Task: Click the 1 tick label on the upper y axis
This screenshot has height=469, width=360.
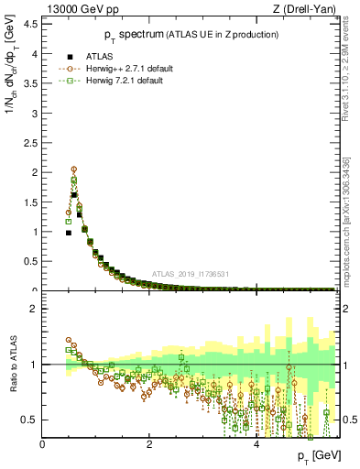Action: pos(35,232)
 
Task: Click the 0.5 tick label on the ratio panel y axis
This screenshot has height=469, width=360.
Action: pos(28,420)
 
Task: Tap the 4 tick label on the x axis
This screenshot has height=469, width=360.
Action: pos(256,446)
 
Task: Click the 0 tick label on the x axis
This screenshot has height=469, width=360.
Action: pos(42,446)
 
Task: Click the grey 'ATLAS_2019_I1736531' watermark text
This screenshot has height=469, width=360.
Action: pos(191,274)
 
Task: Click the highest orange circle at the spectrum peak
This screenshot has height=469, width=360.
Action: pos(74,169)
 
